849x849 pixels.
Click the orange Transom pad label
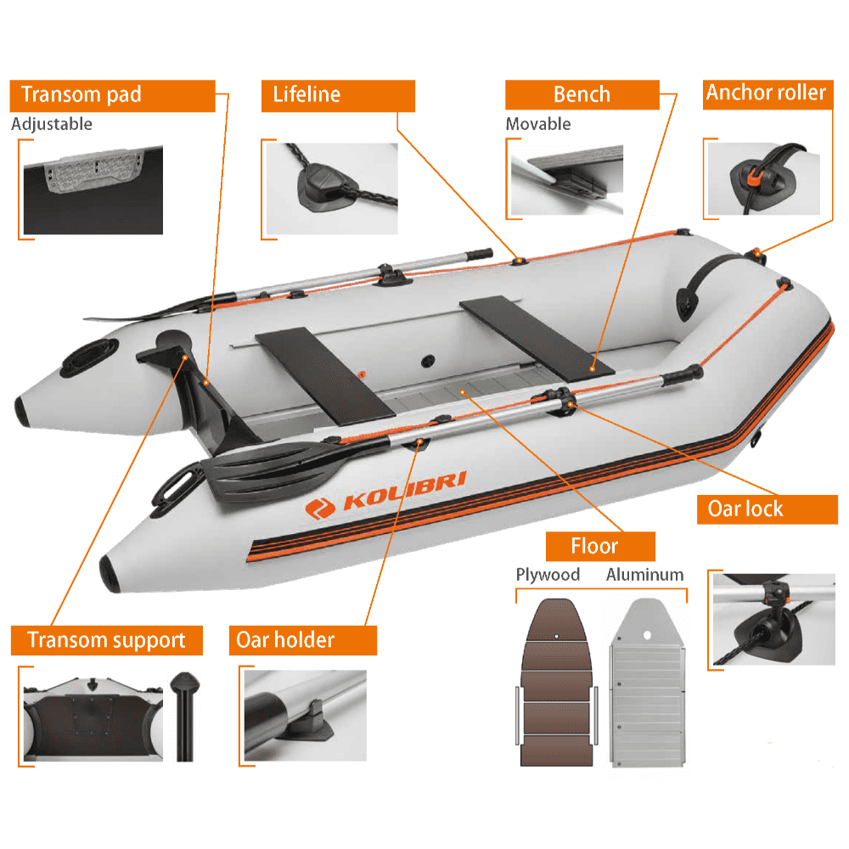click(x=112, y=95)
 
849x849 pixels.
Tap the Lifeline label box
click(x=338, y=95)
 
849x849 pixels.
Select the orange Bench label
click(x=582, y=95)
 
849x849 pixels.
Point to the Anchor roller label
click(x=766, y=93)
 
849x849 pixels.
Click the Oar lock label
click(x=745, y=509)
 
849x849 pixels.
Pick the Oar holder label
click(x=302, y=639)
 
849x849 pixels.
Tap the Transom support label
click(x=107, y=639)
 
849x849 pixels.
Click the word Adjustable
click(x=52, y=124)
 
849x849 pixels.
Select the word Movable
click(x=538, y=124)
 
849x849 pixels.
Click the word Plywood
click(x=548, y=575)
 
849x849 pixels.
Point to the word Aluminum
click(x=644, y=575)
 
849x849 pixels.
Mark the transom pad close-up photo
click(x=93, y=188)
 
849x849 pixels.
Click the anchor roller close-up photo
click(x=764, y=179)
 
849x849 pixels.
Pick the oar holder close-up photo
click(x=305, y=715)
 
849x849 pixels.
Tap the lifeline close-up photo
click(x=331, y=188)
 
